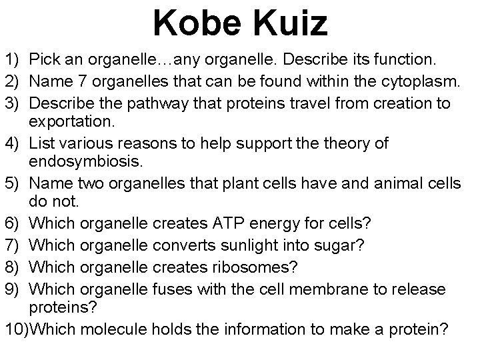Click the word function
(406, 61)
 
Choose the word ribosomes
(256, 267)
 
